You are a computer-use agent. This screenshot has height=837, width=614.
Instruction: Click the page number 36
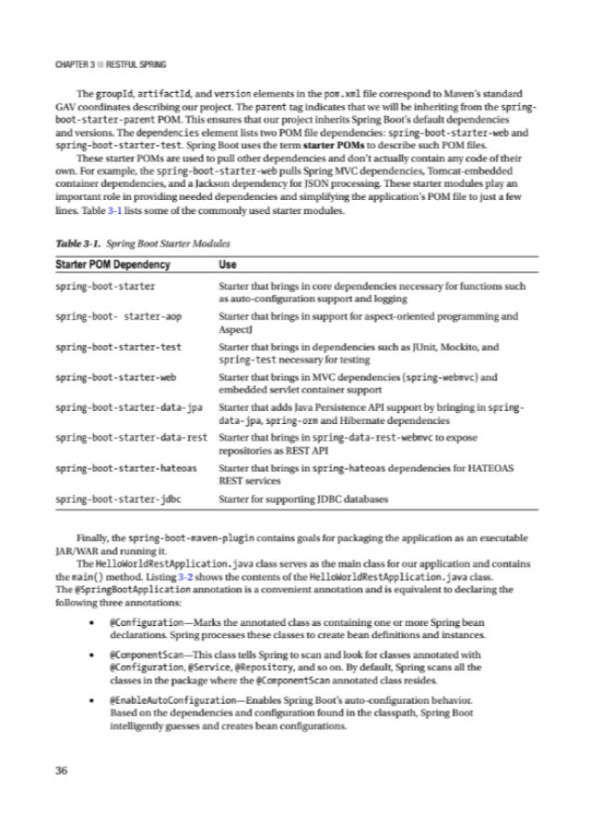[x=62, y=769]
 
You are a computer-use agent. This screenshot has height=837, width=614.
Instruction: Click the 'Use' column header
[x=225, y=265]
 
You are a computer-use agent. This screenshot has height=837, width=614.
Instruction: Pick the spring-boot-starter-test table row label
[x=117, y=346]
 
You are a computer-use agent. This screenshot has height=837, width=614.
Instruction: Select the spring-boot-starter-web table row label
[x=115, y=377]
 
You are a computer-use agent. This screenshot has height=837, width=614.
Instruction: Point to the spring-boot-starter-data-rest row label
[x=130, y=436]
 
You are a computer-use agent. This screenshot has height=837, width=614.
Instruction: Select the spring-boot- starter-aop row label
[x=117, y=316]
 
